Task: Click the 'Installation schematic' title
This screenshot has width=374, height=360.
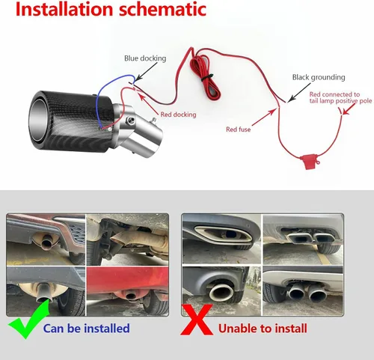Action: [x=111, y=9]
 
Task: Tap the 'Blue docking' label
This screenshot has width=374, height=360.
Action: [x=145, y=58]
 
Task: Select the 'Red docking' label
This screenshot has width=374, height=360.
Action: [x=178, y=115]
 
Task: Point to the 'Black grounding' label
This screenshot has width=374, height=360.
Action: [x=319, y=77]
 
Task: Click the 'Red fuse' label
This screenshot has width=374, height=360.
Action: [x=238, y=129]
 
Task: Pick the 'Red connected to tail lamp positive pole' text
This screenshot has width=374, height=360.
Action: [x=340, y=97]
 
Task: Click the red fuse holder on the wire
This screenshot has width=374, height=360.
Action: [x=309, y=162]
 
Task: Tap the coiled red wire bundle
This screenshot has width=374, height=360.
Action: [x=205, y=76]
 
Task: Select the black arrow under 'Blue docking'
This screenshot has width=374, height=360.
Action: [x=147, y=71]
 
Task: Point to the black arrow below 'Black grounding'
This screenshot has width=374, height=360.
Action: [x=299, y=92]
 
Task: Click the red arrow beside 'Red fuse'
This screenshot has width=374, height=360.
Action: [x=264, y=118]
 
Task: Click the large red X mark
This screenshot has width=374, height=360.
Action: [x=197, y=320]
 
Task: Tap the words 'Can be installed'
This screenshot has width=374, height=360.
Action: [x=87, y=329]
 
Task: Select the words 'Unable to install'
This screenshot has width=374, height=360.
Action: [x=263, y=329]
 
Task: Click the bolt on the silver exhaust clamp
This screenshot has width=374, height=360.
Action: [x=130, y=120]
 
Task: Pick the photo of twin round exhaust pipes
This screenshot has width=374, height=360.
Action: [x=303, y=290]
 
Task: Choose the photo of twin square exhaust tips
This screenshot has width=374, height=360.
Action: [x=303, y=240]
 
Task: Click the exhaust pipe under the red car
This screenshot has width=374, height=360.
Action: [x=131, y=296]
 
